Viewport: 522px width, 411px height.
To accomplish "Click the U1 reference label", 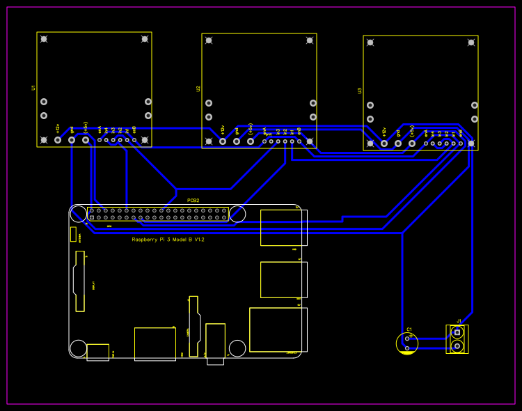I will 33,88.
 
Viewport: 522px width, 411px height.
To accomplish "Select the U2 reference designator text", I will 198,89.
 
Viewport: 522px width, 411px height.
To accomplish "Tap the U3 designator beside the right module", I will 360,91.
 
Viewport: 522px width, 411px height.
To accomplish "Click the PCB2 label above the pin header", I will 193,201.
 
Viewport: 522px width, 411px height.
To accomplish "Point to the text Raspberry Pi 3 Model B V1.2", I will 168,240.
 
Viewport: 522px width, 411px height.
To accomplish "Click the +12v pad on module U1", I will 58,140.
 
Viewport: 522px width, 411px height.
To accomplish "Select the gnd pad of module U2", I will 237,141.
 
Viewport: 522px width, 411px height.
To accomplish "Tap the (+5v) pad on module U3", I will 412,144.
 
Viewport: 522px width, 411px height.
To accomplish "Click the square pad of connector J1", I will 457,332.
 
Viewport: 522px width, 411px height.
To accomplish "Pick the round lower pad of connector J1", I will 457,346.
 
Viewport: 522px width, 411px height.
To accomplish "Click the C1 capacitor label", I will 409,329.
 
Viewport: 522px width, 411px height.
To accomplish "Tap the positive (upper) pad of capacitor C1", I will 407,339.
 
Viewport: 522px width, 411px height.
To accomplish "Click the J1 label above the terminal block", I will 459,321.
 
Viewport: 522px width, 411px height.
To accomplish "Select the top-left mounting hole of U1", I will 44,39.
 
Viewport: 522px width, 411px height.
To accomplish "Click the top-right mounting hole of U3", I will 471,42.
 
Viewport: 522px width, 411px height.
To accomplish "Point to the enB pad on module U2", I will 299,141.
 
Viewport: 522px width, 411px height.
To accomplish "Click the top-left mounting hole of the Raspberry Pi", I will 79,214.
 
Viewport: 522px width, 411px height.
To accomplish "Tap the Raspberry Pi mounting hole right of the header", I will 237,214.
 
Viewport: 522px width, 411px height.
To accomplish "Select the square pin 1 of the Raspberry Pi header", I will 92,217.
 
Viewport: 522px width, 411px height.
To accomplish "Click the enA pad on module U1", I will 100,140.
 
